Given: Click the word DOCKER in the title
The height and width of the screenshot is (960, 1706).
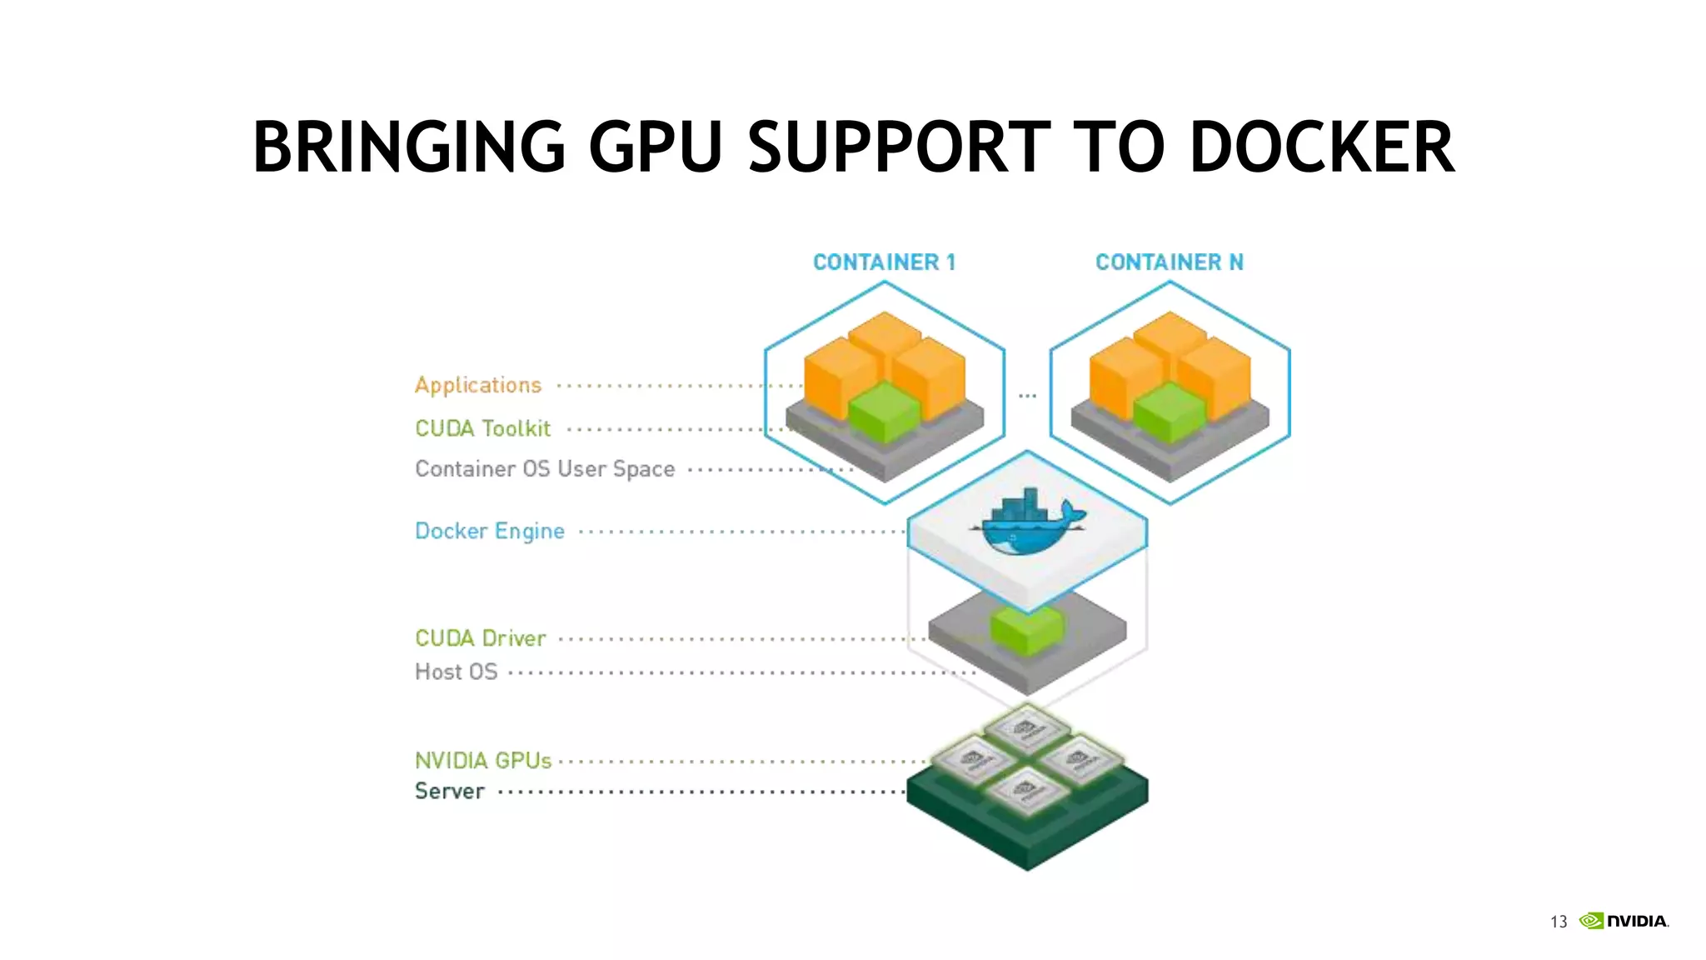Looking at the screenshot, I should pyautogui.click(x=1322, y=147).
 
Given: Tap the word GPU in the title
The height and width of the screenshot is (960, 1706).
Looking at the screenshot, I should pyautogui.click(x=655, y=147).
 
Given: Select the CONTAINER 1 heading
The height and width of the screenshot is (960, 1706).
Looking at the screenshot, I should pyautogui.click(x=884, y=262).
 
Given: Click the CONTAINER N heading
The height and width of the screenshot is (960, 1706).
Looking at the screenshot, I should pyautogui.click(x=1169, y=262).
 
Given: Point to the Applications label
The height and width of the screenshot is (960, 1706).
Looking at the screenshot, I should pyautogui.click(x=478, y=385).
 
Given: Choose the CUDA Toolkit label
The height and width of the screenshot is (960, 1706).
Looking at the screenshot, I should pyautogui.click(x=483, y=428).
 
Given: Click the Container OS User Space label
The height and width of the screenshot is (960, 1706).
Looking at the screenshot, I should pyautogui.click(x=545, y=469).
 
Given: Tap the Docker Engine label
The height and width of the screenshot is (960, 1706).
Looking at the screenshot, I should pyautogui.click(x=490, y=531).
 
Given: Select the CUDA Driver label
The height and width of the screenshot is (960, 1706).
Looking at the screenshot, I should pyautogui.click(x=481, y=638).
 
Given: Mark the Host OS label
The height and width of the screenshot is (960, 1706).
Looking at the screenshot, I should pyautogui.click(x=456, y=672).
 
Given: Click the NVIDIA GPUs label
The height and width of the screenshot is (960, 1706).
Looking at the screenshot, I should pyautogui.click(x=483, y=761).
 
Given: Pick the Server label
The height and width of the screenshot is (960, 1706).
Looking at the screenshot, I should pyautogui.click(x=450, y=791).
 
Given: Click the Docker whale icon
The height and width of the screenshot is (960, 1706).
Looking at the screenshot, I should pyautogui.click(x=1027, y=524).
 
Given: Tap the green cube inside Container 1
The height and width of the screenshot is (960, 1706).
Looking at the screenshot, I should pyautogui.click(x=885, y=412).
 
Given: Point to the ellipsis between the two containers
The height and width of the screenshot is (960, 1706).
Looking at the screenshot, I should pyautogui.click(x=1027, y=396).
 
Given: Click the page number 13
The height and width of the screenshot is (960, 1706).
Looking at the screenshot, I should pyautogui.click(x=1559, y=922).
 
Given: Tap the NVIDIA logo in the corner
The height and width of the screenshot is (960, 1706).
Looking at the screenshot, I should pyautogui.click(x=1624, y=921).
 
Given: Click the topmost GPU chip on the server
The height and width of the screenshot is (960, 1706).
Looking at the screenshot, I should pyautogui.click(x=1027, y=730).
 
